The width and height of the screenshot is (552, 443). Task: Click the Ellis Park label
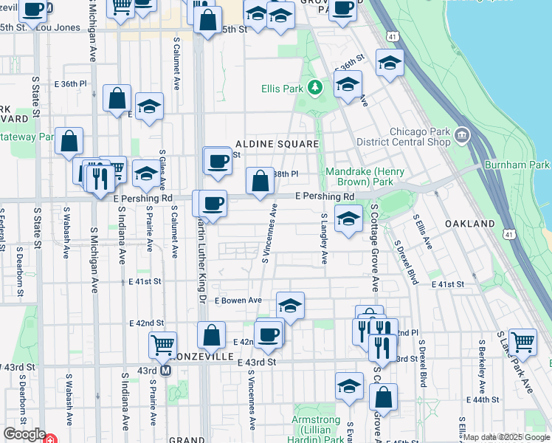pyautogui.click(x=283, y=89)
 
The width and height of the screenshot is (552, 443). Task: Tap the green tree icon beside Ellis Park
pyautogui.click(x=316, y=89)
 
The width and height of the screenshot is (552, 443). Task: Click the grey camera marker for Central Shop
pyautogui.click(x=463, y=135)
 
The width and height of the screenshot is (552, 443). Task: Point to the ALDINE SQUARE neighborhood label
pyautogui.click(x=277, y=144)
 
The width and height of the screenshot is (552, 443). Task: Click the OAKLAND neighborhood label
pyautogui.click(x=469, y=223)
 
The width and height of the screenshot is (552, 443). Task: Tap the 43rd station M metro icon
pyautogui.click(x=166, y=370)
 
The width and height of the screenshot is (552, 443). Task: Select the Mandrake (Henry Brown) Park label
pyautogui.click(x=365, y=176)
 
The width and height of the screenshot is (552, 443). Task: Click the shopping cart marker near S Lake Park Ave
pyautogui.click(x=522, y=342)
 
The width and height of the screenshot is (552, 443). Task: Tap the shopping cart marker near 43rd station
pyautogui.click(x=162, y=344)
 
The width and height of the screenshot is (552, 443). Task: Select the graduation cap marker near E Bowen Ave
pyautogui.click(x=291, y=305)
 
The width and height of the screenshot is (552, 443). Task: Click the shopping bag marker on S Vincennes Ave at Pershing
pyautogui.click(x=260, y=181)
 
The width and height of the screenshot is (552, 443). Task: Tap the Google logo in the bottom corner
pyautogui.click(x=24, y=434)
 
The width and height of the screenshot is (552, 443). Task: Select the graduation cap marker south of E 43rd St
pyautogui.click(x=349, y=386)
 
